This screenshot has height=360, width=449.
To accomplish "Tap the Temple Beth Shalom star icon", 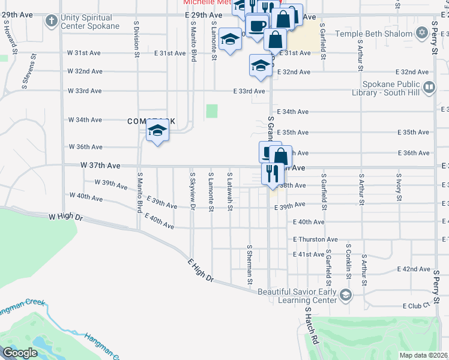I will click(x=422, y=32).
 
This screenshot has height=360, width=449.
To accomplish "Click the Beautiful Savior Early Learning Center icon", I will click(x=345, y=295).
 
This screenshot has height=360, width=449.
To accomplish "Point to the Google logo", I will click(x=20, y=352).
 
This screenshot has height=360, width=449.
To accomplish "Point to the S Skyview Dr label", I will click(x=193, y=191).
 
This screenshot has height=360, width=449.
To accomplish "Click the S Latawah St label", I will click(x=230, y=191).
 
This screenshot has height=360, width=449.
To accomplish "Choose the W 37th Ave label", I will click(x=101, y=165).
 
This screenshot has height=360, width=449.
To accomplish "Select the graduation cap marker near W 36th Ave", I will click(x=157, y=130).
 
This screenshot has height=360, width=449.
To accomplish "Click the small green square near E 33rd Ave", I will click(x=212, y=111).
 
